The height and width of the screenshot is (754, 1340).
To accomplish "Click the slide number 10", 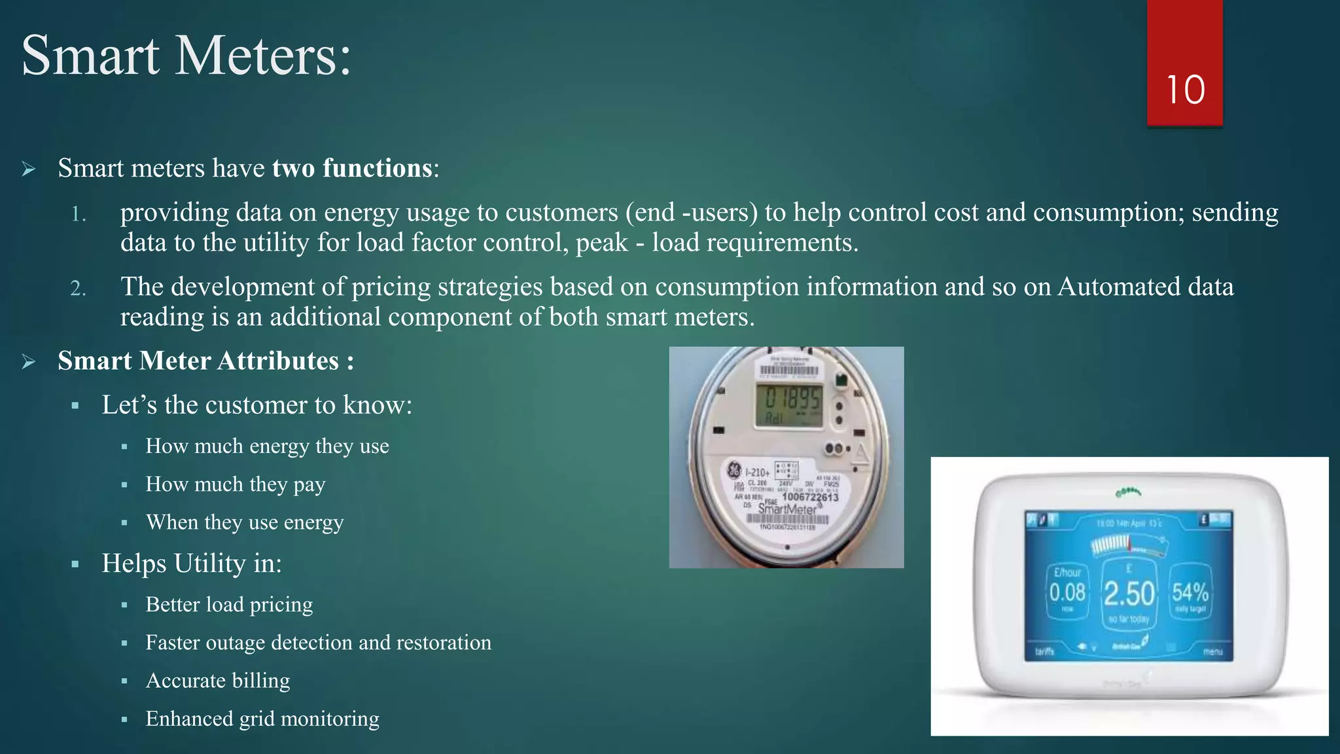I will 1185,90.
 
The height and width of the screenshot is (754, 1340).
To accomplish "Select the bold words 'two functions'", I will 352,168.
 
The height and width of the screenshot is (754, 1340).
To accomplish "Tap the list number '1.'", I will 79,214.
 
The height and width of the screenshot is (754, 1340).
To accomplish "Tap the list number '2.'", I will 79,288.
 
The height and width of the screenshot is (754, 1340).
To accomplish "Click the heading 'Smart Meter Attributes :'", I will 205,361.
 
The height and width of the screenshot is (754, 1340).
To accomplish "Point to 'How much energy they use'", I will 267,446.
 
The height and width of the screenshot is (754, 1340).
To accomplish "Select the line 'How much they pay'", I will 235,484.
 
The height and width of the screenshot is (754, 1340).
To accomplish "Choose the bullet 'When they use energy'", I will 244,522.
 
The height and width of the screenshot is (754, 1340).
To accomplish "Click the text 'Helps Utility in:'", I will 191,563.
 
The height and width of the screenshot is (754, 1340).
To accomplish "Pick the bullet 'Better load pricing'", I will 229,604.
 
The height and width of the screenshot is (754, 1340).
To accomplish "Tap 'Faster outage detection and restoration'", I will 318,642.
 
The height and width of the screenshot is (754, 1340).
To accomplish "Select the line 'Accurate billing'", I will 217,680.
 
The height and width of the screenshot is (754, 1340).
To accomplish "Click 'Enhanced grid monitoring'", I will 262,718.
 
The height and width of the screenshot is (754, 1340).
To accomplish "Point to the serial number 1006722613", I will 810,497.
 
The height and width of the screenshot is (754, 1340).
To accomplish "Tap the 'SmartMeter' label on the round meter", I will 786,509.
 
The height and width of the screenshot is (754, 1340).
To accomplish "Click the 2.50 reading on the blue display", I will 1129,594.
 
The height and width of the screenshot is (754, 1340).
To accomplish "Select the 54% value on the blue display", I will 1190,592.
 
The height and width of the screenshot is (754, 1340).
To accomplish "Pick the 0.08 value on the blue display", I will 1067,592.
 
